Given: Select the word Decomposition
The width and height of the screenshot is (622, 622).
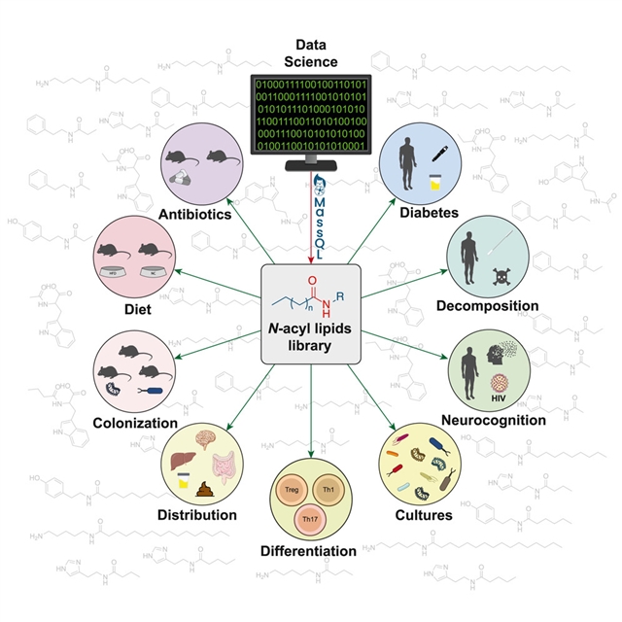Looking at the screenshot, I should [x=486, y=306].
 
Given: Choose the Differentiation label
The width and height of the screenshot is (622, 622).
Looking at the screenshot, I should [x=308, y=551].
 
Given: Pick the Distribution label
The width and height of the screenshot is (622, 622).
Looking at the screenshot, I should [x=197, y=514].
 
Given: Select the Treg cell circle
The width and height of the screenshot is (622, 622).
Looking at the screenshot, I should [x=293, y=489].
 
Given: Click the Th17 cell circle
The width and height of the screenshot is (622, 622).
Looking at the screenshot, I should [x=309, y=519].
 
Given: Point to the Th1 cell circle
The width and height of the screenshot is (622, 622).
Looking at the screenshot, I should [x=328, y=489].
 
